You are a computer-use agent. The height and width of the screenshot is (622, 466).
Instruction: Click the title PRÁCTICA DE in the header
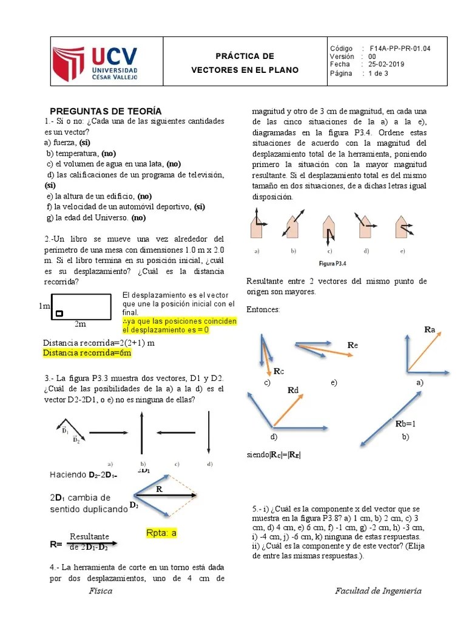tap(245, 56)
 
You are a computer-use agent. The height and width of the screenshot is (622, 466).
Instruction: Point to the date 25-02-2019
tap(387, 64)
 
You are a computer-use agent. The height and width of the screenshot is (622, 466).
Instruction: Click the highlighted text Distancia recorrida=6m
tap(87, 352)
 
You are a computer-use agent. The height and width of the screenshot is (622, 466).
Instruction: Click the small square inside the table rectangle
tap(59, 313)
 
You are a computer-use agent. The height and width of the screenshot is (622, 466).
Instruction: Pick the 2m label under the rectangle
tap(80, 324)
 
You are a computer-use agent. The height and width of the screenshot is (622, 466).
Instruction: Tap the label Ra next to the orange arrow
tap(430, 329)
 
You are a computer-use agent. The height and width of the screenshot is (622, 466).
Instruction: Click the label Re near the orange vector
tap(353, 345)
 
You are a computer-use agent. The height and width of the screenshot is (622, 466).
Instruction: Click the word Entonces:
tap(263, 310)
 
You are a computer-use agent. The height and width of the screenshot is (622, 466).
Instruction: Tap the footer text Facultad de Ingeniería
tap(378, 591)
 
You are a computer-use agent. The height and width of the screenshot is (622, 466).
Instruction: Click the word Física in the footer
tap(100, 591)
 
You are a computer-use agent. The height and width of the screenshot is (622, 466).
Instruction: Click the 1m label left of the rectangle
tap(44, 306)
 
